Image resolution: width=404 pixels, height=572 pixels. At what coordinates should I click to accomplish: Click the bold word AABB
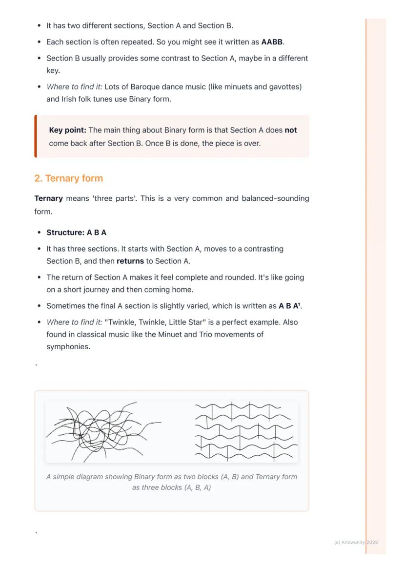coord(272,42)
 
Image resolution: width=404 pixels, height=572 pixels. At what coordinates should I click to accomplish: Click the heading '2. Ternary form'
coord(69,178)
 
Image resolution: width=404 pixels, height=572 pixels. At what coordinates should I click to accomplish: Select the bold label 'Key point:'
coord(67,130)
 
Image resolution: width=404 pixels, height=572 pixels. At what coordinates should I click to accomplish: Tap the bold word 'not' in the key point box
coord(291,130)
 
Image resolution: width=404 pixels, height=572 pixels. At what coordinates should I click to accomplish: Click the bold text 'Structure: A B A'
coord(76,233)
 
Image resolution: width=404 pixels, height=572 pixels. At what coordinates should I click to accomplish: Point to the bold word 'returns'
coord(130,261)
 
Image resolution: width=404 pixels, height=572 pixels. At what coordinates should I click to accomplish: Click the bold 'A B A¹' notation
coord(290,306)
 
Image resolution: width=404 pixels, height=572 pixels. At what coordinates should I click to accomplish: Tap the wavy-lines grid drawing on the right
coord(246,431)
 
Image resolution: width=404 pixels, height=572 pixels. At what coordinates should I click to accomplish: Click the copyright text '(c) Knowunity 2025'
coord(356,542)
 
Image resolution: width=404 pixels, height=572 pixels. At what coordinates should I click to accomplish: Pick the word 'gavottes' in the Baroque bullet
coord(284,87)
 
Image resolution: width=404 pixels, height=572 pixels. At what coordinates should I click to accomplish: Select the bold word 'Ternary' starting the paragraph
coord(48,199)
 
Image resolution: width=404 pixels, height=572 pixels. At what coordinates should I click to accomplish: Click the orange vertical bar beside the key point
coord(36,136)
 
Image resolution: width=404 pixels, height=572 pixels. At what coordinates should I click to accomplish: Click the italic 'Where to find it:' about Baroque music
coord(74,87)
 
